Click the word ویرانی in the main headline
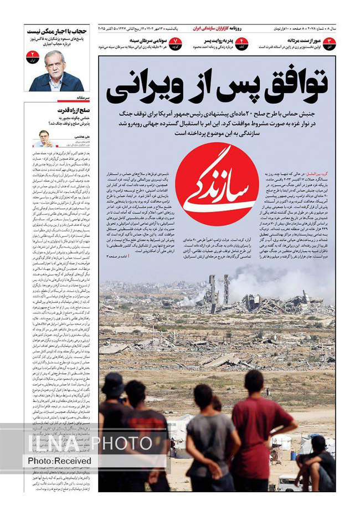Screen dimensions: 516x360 pyautogui.click(x=147, y=88)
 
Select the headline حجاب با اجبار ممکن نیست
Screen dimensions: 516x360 pyautogui.click(x=56, y=32)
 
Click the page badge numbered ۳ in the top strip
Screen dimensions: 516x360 pyautogui.click(x=330, y=44)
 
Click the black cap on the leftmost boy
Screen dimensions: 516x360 pyautogui.click(x=114, y=382)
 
